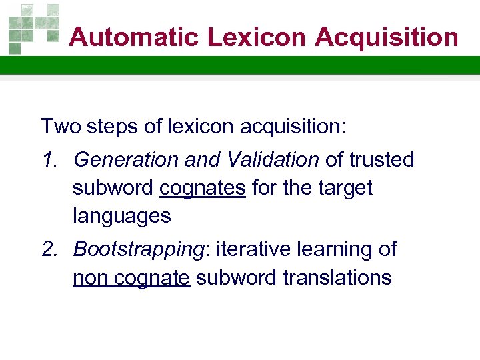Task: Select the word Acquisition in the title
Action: click(x=387, y=37)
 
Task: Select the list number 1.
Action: click(x=48, y=160)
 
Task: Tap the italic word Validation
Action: click(x=270, y=160)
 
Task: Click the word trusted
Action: click(x=381, y=160)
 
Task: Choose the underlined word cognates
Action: click(x=203, y=189)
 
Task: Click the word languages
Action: click(x=122, y=216)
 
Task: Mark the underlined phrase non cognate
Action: click(x=131, y=277)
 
